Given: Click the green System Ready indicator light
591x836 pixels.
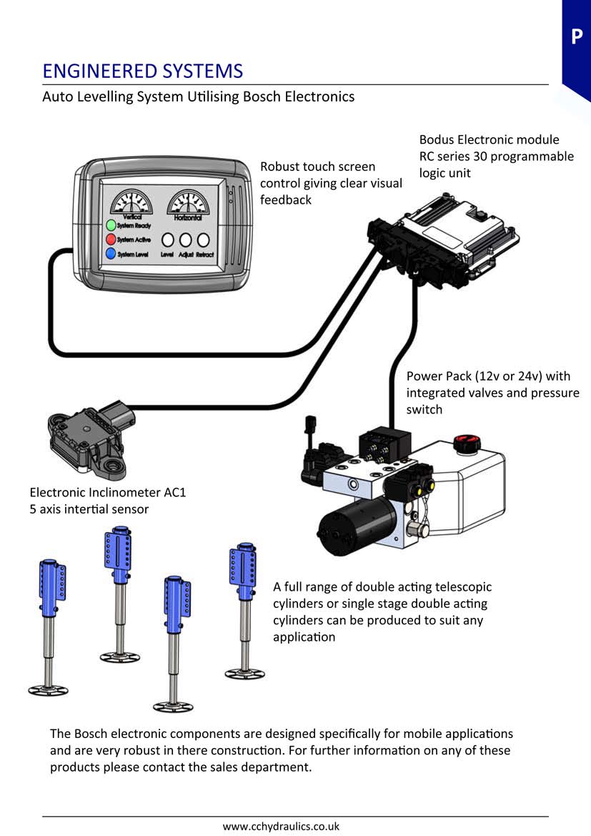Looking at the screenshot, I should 111,225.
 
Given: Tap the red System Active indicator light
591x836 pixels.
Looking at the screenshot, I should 111,240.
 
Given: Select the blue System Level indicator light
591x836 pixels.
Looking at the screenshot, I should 111,253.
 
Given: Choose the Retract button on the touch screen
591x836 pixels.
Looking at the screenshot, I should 203,240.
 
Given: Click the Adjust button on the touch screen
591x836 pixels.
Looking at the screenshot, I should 186,240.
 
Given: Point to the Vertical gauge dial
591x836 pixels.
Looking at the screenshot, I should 131,202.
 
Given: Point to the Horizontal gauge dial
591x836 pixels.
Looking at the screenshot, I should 189,202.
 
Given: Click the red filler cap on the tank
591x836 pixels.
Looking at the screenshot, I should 465,443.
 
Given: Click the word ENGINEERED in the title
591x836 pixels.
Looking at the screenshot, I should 93,72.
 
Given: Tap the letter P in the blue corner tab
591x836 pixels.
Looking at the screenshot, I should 577,36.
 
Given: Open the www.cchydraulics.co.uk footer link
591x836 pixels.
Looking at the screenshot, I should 281,826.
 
